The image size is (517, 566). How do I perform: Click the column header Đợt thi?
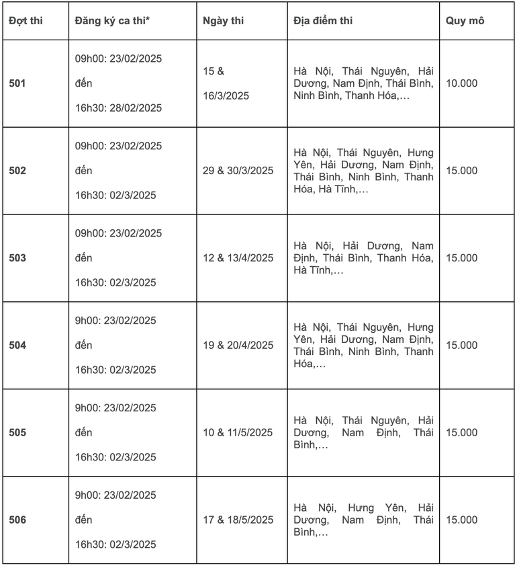[x=26, y=20]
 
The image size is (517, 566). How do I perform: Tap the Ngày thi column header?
[x=224, y=20]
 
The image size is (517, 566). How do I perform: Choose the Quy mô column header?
[x=465, y=20]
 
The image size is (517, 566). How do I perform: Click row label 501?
[x=17, y=83]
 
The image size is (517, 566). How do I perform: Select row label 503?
[x=17, y=258]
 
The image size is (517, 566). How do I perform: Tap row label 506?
[x=17, y=520]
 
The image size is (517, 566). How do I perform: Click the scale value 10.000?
[x=462, y=83]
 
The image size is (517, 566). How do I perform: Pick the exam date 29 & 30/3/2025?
[x=238, y=171]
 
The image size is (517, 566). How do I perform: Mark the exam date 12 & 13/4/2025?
[x=238, y=258]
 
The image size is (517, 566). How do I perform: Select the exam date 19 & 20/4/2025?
[x=238, y=346]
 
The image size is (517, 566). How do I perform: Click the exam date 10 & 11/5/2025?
[x=238, y=433]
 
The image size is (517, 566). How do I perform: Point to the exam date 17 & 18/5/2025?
[x=238, y=520]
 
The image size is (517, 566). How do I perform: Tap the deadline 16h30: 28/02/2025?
[x=118, y=108]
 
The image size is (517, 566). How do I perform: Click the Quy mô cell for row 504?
[x=462, y=346]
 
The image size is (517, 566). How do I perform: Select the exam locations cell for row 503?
[x=363, y=258]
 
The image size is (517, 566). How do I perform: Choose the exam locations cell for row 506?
[x=363, y=520]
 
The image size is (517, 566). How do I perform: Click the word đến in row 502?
[x=83, y=171]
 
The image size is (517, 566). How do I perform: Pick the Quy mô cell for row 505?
[x=462, y=433]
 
